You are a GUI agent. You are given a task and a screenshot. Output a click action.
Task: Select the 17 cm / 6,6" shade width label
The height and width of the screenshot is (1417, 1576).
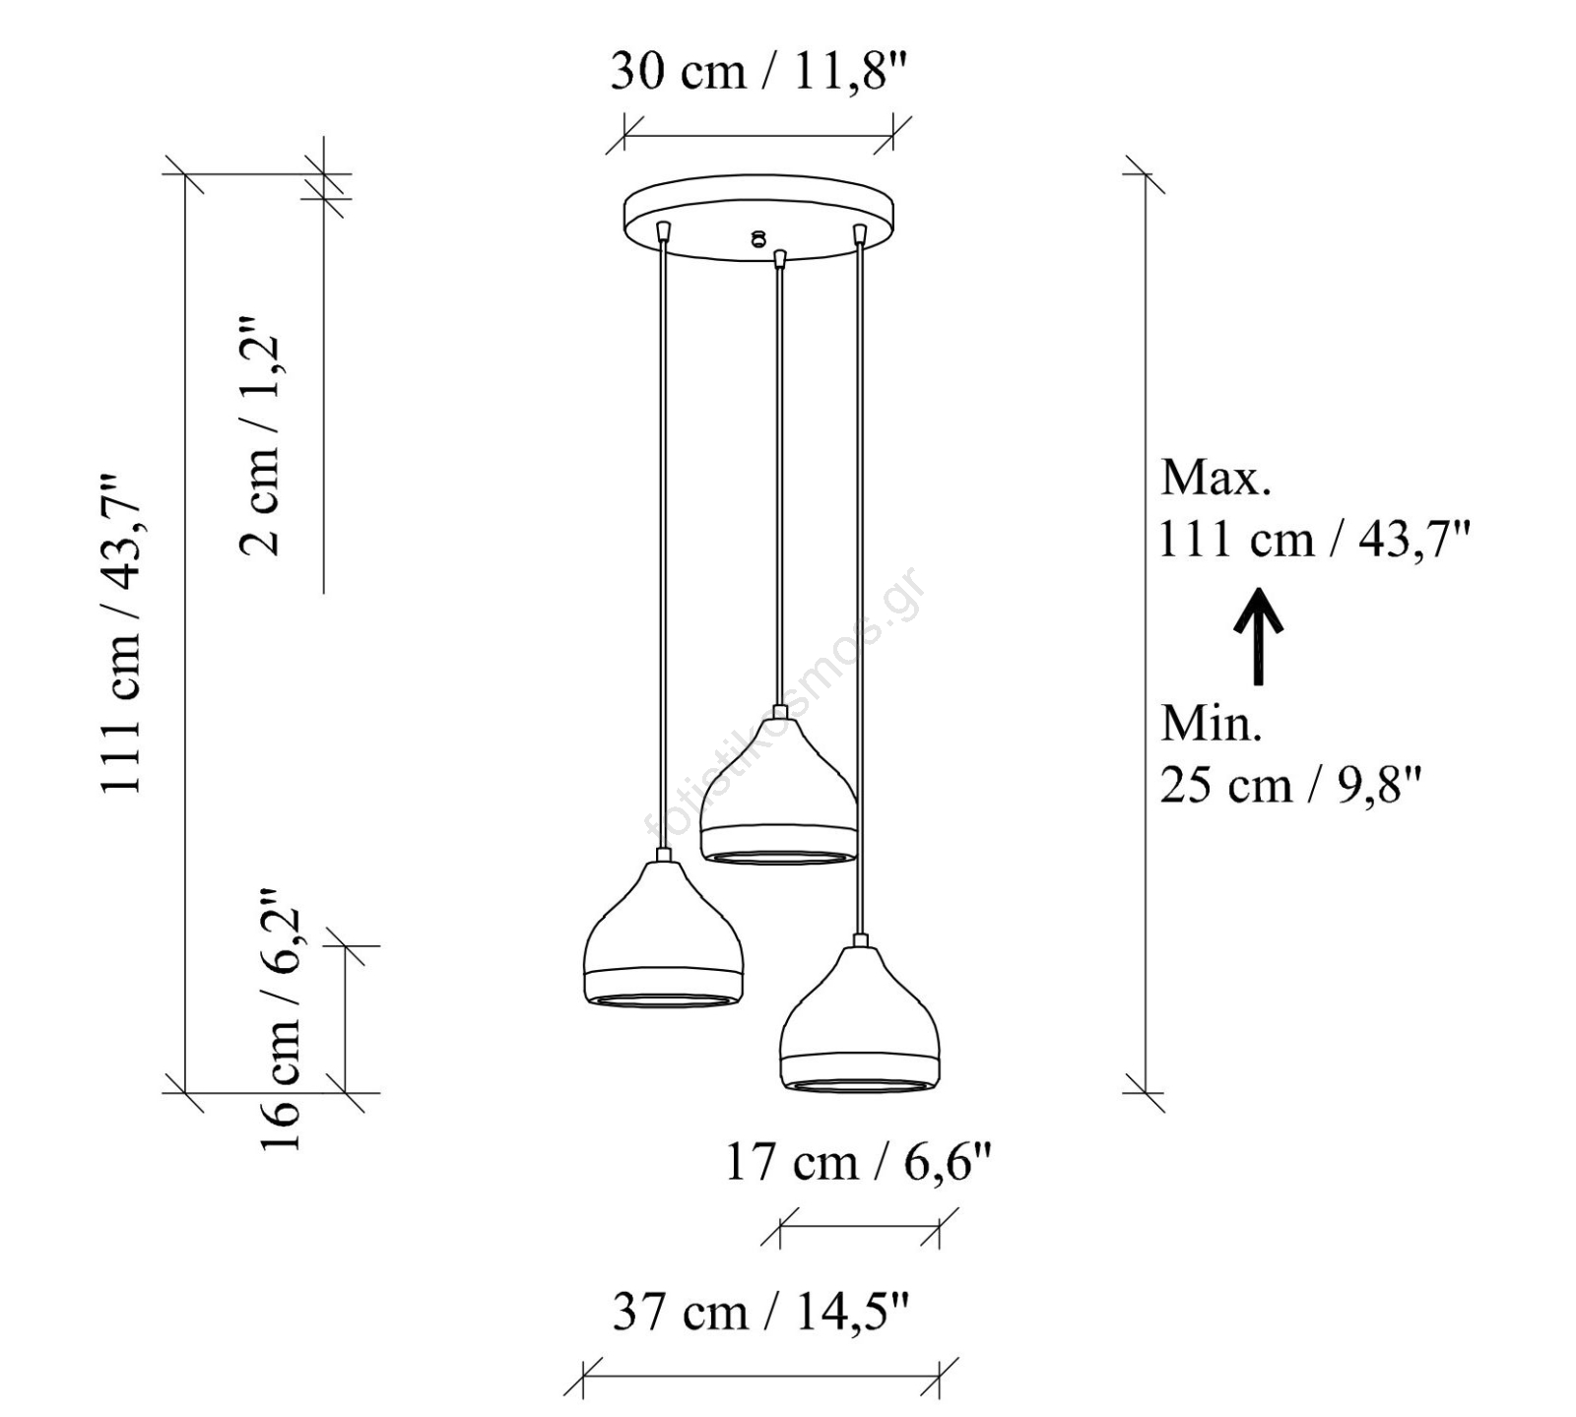tap(858, 1162)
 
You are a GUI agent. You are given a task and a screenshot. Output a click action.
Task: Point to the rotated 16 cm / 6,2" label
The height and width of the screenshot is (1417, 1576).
tap(280, 1020)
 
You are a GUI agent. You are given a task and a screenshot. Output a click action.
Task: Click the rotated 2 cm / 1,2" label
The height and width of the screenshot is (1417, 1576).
tap(261, 436)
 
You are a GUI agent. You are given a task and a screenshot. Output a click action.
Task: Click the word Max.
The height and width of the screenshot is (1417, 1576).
tap(1215, 478)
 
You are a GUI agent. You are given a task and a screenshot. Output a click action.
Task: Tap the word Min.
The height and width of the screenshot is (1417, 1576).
tap(1211, 724)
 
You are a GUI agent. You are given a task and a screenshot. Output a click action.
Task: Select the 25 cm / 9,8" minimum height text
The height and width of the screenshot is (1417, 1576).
tap(1291, 785)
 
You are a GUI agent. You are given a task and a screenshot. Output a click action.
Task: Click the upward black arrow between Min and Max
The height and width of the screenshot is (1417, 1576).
tap(1258, 636)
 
